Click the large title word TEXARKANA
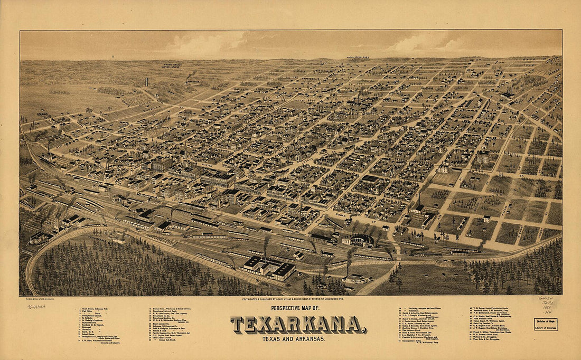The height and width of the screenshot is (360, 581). (298, 325)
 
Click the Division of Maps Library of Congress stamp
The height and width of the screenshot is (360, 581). (545, 324)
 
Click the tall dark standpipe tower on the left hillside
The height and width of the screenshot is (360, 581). (146, 82)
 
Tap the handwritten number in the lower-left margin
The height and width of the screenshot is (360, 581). (36, 306)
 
